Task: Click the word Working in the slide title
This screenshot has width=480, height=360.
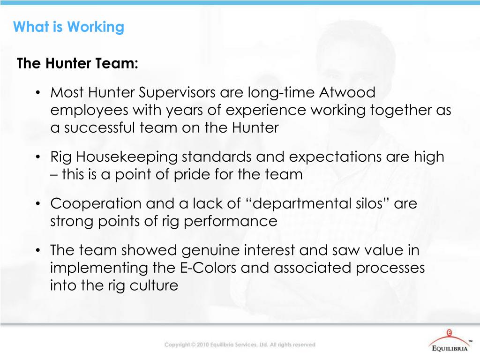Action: click(x=96, y=27)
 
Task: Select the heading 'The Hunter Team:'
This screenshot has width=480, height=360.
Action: click(x=77, y=63)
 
